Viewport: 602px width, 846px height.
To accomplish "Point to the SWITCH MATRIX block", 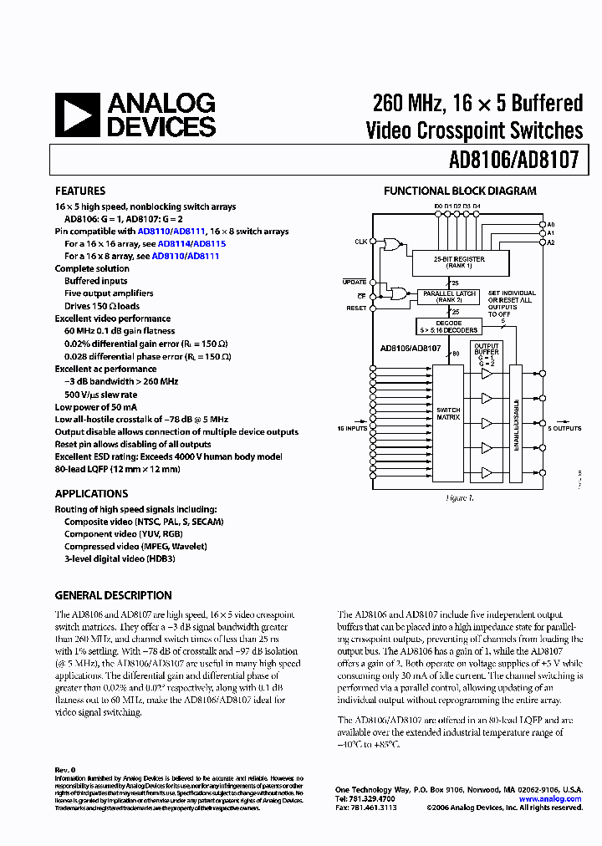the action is point(449,414).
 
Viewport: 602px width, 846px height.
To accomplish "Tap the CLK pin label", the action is point(360,242).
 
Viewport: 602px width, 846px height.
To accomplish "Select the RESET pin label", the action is point(357,308).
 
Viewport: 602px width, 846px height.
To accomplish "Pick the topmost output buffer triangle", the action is point(487,375).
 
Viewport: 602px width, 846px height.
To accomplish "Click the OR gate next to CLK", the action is point(390,244).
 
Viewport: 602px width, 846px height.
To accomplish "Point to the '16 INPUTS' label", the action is point(352,428).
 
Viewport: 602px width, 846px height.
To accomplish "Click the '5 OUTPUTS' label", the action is point(564,428).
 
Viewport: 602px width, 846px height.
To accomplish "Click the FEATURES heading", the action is point(80,191).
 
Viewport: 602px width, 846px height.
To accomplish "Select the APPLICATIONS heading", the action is point(91,494).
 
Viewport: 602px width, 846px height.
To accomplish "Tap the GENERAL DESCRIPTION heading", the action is point(113,595).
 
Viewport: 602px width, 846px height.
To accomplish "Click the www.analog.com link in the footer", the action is point(549,799).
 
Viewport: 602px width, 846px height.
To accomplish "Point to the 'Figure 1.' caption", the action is point(459,497).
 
